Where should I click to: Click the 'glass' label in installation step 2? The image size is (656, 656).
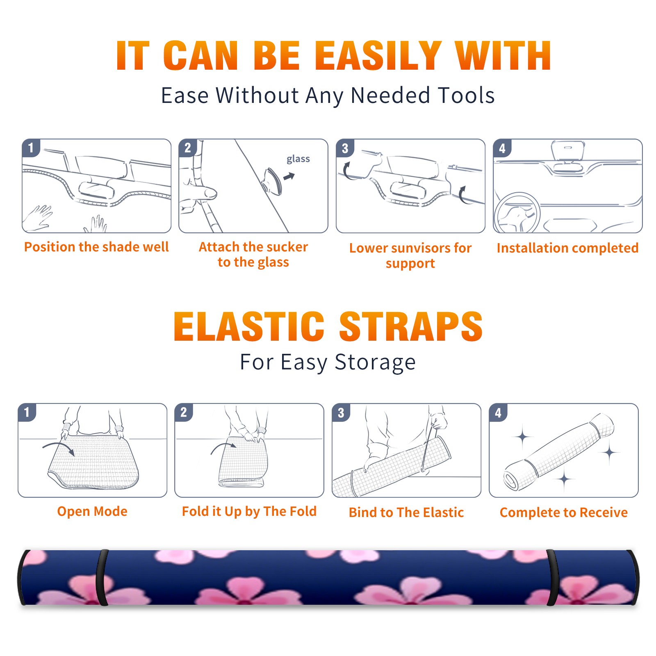point(298,159)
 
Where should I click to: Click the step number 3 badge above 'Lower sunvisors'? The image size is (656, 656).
point(345,148)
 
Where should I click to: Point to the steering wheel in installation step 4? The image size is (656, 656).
point(517,213)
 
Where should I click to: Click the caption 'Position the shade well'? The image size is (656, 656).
point(96,247)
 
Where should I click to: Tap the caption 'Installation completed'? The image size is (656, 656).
point(567,248)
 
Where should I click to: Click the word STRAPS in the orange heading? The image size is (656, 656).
point(411,326)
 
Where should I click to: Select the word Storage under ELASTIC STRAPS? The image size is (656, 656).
point(375,362)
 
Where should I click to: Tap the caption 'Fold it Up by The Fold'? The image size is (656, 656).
point(249,511)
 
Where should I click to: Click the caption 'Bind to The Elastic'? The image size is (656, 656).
point(406,512)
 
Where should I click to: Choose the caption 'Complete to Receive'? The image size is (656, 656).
point(564,512)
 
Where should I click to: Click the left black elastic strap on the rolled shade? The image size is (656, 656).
point(102,578)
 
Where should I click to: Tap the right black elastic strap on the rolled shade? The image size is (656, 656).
point(553,578)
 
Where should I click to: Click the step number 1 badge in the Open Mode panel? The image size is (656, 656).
point(27,412)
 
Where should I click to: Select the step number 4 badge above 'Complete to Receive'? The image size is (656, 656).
point(498,412)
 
